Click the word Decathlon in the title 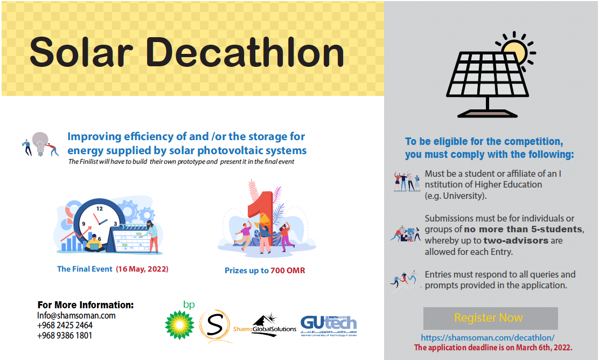pyautogui.click(x=245, y=52)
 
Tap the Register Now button pyautogui.click(x=491, y=318)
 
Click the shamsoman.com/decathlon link pyautogui.click(x=487, y=338)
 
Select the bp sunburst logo pyautogui.click(x=179, y=325)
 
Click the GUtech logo pyautogui.click(x=329, y=326)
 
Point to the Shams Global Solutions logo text pyautogui.click(x=264, y=329)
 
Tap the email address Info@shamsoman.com pyautogui.click(x=76, y=316)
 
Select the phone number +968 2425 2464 pyautogui.click(x=65, y=325)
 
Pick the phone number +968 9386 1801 pyautogui.click(x=65, y=336)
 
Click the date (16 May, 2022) pyautogui.click(x=142, y=269)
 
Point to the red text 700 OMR pyautogui.click(x=288, y=271)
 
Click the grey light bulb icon pyautogui.click(x=40, y=144)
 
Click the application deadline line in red pyautogui.click(x=493, y=348)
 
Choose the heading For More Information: pyautogui.click(x=86, y=305)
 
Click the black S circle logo pyautogui.click(x=214, y=326)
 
